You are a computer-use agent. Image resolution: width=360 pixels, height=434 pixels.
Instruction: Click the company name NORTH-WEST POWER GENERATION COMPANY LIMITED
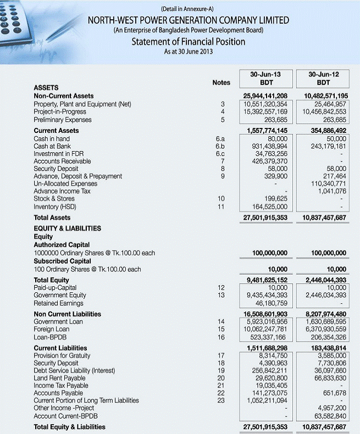tap(188, 20)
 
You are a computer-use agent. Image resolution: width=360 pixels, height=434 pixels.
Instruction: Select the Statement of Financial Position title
tap(188, 42)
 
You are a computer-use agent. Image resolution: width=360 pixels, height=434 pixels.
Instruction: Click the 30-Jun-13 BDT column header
tap(265, 77)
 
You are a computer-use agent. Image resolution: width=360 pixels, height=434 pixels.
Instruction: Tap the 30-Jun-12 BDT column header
tap(324, 77)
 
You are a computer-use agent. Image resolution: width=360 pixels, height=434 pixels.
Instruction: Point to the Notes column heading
tap(221, 82)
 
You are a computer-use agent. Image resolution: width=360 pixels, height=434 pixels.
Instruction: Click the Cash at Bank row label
tap(52, 147)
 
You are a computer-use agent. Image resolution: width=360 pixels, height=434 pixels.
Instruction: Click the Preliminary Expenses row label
tap(63, 120)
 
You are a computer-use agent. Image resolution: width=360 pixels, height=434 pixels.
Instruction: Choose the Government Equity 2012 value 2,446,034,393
tap(323, 296)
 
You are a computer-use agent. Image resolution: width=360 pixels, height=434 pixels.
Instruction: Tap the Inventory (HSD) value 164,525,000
tap(269, 207)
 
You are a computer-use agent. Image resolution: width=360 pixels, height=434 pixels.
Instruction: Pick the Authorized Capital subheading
tap(62, 244)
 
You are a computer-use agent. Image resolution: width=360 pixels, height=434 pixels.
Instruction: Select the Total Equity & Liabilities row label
tap(69, 427)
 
